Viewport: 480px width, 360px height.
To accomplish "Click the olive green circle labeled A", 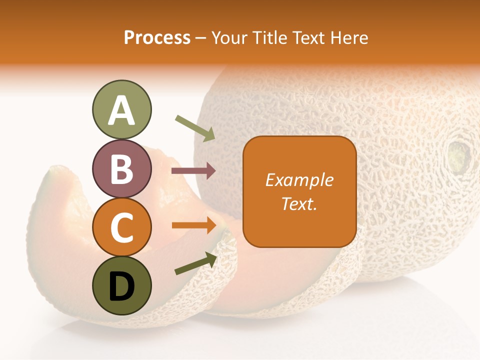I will click(x=121, y=109).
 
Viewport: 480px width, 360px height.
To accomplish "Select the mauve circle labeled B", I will click(x=121, y=168).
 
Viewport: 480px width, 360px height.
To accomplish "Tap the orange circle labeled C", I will click(x=121, y=227).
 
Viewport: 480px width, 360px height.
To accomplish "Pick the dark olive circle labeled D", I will click(x=121, y=285).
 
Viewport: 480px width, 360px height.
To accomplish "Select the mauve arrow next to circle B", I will click(x=193, y=171).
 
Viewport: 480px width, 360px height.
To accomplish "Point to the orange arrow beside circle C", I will click(x=194, y=225).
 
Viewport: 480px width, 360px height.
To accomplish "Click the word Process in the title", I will click(x=157, y=37).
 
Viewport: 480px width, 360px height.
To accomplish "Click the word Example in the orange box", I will click(x=299, y=180).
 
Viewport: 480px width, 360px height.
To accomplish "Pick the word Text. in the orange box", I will click(x=299, y=203).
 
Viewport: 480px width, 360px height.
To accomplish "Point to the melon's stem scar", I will click(x=459, y=154).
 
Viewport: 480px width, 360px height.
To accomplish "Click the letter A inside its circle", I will click(x=121, y=110).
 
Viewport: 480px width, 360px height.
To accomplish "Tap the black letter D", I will click(x=121, y=286).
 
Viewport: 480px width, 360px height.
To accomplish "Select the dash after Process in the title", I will click(x=201, y=38).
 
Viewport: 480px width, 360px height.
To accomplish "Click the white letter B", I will click(x=121, y=169).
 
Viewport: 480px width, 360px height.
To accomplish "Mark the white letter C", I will click(x=121, y=227).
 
